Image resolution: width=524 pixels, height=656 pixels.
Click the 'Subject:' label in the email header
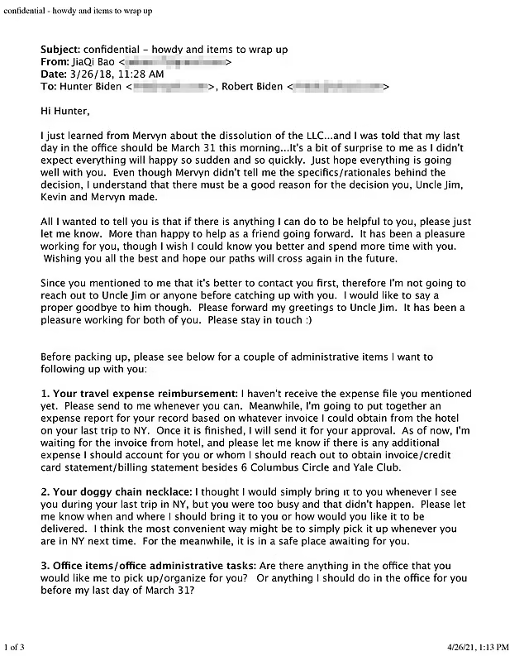point(60,50)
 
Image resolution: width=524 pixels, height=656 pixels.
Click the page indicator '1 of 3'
point(17,645)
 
